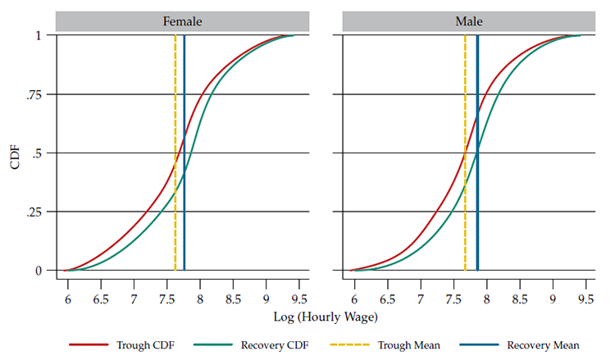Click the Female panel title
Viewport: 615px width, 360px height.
pos(182,21)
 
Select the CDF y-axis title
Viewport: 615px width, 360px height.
pos(16,153)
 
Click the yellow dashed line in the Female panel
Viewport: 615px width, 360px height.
pos(175,123)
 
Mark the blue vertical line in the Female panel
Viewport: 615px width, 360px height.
pos(184,123)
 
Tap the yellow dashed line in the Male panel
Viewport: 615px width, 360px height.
pos(465,123)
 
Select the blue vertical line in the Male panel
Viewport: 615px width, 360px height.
pos(477,123)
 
